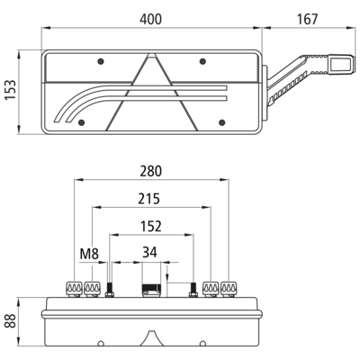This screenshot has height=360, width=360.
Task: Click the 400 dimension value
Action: click(150, 19)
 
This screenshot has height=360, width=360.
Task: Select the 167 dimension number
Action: click(307, 19)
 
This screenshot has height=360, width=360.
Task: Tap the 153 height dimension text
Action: click(11, 90)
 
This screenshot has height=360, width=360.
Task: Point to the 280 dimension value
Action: click(150, 171)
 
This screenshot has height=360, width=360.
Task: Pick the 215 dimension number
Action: click(149, 199)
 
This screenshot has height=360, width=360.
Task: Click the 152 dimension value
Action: click(151, 227)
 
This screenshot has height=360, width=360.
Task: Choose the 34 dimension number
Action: click(149, 253)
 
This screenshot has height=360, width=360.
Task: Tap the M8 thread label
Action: click(89, 254)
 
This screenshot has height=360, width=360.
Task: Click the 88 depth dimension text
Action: click(11, 320)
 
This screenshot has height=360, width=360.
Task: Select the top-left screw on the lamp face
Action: click(101, 61)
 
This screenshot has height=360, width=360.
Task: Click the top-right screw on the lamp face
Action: click(202, 61)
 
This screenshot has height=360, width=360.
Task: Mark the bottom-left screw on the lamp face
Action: click(81, 122)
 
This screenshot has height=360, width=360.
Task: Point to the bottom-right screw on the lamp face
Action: click(222, 122)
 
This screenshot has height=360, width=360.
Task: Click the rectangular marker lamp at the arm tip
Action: click(340, 64)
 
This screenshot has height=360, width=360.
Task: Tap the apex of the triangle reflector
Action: click(152, 54)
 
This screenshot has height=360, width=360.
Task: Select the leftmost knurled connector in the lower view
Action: click(75, 289)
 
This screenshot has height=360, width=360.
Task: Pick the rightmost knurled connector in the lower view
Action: click(229, 289)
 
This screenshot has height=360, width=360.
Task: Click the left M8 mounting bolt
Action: click(110, 290)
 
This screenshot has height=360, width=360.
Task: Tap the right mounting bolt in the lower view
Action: click(193, 290)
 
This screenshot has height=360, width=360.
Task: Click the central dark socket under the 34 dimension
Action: click(151, 290)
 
